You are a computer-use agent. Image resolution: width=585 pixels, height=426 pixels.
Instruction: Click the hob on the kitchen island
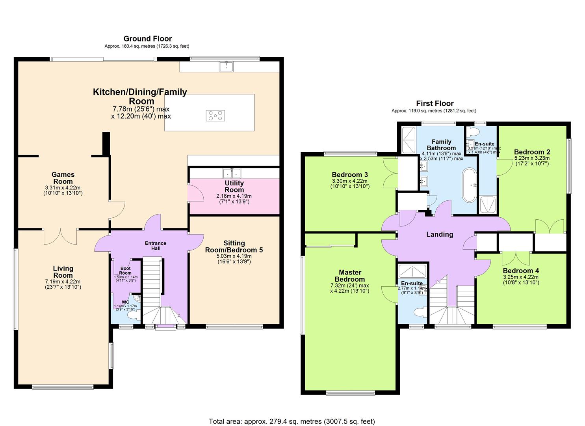[215, 116]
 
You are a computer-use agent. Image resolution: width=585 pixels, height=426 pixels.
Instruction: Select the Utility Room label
[234, 186]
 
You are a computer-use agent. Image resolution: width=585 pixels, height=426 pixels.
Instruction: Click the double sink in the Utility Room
[232, 173]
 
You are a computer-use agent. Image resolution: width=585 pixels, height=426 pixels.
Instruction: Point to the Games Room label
[63, 178]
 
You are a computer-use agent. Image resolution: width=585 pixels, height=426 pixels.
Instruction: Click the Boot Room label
[125, 271]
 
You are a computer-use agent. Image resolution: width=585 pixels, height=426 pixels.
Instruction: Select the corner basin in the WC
[137, 298]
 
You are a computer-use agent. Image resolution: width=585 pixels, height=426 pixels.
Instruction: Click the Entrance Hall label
[156, 245]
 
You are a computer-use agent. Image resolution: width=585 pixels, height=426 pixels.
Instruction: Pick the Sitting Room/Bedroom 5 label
[234, 247]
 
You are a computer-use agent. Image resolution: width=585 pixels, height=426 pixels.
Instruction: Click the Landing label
[440, 234]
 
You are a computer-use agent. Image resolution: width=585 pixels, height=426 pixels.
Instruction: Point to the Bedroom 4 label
[521, 271]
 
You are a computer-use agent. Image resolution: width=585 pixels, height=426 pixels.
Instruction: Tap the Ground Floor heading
[148, 39]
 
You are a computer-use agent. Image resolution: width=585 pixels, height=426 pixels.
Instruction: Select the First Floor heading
[435, 104]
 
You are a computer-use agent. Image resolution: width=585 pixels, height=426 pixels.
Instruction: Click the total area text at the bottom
[292, 421]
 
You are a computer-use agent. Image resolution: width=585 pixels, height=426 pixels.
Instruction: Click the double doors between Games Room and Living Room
[60, 236]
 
